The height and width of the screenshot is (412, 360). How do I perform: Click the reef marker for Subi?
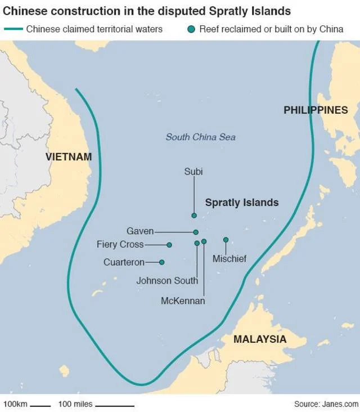point(194,216)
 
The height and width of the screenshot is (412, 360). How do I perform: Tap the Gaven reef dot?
point(196,232)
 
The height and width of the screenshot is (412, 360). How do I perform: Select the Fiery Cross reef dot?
point(169,245)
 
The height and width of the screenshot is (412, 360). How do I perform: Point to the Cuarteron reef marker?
point(162,262)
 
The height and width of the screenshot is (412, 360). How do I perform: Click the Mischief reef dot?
point(226,240)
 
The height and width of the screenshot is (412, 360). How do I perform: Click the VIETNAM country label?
point(69,157)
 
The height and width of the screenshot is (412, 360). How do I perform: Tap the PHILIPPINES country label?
point(316,110)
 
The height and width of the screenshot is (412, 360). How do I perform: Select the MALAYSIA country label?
point(260,339)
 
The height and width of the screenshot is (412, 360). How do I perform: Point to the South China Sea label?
point(200,137)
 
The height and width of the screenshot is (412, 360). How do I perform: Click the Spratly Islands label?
point(242,203)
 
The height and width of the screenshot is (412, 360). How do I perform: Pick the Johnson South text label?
point(167,280)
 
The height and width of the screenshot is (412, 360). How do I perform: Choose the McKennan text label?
point(183,301)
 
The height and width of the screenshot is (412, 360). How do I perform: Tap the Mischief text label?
point(229,259)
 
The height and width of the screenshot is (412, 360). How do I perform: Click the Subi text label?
point(193,172)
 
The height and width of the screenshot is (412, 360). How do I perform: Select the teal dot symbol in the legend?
point(192,29)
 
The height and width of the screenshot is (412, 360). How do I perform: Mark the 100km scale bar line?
point(40,405)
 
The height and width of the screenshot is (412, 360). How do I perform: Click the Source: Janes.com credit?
point(326,404)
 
